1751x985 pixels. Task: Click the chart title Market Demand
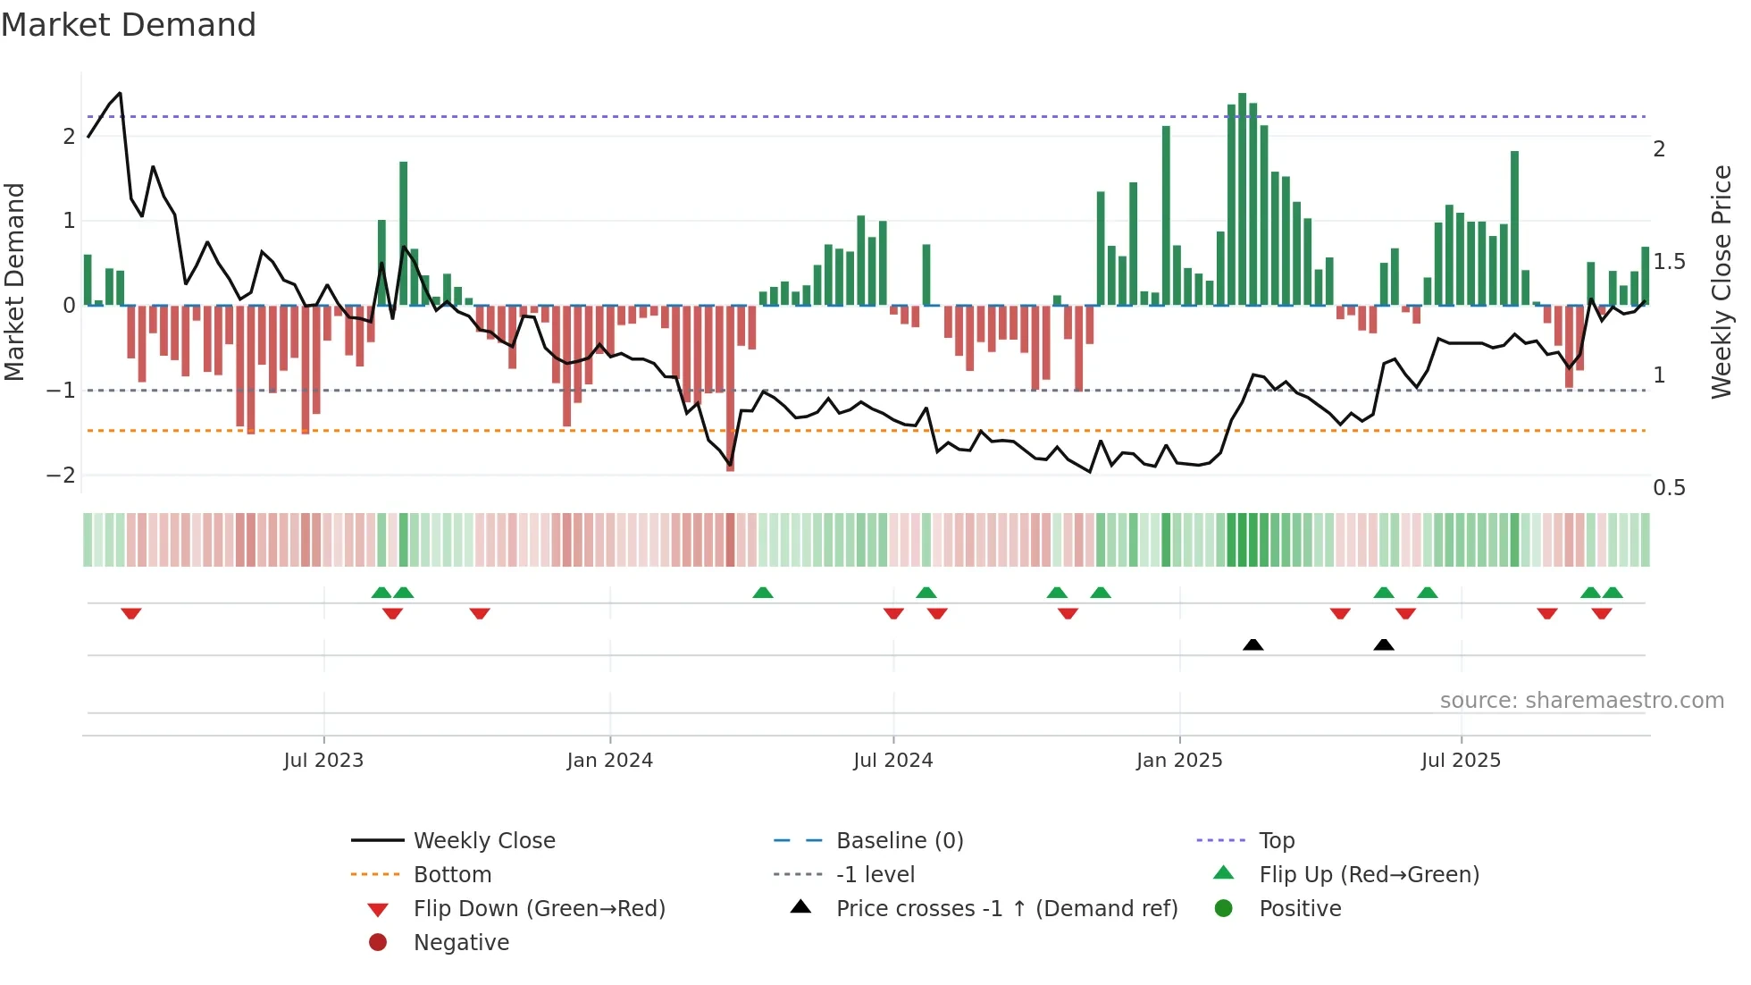point(129,24)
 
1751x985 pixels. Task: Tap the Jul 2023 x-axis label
point(323,761)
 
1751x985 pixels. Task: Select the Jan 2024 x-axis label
point(610,761)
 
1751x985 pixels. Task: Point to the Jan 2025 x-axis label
point(1179,761)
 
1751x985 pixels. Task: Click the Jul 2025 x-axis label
point(1462,761)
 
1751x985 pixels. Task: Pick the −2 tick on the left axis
point(61,475)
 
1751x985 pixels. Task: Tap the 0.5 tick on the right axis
point(1669,488)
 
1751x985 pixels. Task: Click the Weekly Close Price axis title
point(1722,282)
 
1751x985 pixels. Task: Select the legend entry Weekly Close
point(483,841)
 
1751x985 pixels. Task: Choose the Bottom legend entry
point(452,875)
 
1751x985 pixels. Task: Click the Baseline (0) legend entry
point(899,841)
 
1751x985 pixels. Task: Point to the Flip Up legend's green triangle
point(1224,873)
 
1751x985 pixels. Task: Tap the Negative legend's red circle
point(378,943)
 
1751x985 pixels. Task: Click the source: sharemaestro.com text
point(1581,701)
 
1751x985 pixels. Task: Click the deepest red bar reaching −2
point(731,388)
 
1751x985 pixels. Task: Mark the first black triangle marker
point(1253,644)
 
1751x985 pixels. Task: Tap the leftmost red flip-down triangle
point(131,613)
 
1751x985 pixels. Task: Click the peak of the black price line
point(121,93)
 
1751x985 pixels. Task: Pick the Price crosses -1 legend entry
point(1006,909)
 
